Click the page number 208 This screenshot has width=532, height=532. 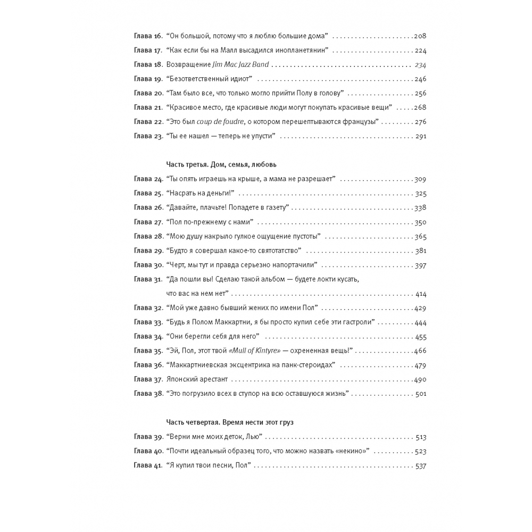pos(420,36)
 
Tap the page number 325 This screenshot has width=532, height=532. pos(420,194)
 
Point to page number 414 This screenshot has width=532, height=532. pos(420,294)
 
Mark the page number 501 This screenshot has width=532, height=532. pos(420,394)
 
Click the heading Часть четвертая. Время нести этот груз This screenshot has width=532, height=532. pos(230,421)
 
